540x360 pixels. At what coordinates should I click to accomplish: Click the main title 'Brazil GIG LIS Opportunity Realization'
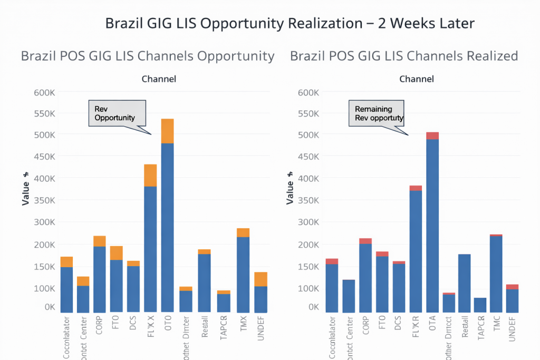(x=290, y=24)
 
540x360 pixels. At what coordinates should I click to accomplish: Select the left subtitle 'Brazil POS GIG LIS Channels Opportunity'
(x=148, y=56)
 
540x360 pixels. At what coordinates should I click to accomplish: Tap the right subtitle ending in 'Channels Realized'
(x=404, y=56)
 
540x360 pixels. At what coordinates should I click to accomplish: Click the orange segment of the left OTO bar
(x=167, y=131)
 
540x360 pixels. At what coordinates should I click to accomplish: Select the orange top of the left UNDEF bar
(x=261, y=279)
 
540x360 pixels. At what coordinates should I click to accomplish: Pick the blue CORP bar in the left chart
(x=100, y=279)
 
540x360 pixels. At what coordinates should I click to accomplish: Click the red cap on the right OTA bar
(x=432, y=135)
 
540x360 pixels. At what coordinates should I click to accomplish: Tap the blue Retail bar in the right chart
(x=465, y=283)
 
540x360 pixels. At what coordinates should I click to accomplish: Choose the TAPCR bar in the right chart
(x=480, y=305)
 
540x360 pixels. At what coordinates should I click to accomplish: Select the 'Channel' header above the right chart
(x=417, y=79)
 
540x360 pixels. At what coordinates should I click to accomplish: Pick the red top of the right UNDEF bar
(x=512, y=287)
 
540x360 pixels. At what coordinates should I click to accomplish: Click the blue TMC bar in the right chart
(x=496, y=274)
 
